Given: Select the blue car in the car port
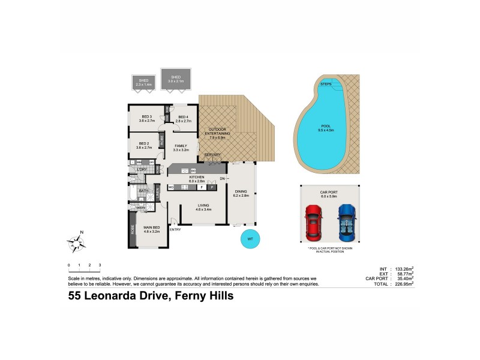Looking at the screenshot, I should pos(346,220).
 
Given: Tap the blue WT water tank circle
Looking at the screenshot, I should pos(250,238).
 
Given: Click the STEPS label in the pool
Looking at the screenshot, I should pos(326,84).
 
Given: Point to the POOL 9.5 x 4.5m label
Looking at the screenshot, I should pos(325,128).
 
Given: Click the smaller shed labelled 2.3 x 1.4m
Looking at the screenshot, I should pos(143,82).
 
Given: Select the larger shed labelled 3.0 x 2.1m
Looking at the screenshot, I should pos(176,79).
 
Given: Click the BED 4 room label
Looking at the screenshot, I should pos(183,119).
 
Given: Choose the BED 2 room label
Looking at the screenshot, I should pos(144,145).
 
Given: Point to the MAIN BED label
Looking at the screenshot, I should pos(152,229).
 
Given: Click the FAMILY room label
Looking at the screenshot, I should pos(181,148).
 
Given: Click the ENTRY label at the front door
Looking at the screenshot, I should pos(175,229).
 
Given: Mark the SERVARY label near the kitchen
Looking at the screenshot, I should pos(212,155).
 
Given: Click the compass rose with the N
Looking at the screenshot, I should pos(77,242).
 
